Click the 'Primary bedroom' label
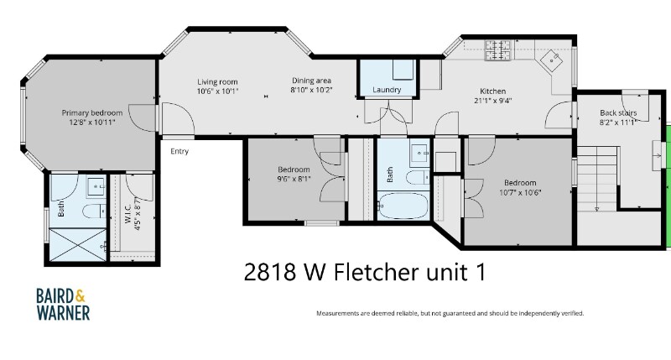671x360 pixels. [x=91, y=112]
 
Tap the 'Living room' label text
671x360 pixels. [x=218, y=81]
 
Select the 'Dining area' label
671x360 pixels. [x=312, y=81]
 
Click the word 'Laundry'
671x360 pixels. [x=387, y=90]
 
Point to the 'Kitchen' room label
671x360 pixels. [x=492, y=91]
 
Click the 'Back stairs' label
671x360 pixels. [x=617, y=112]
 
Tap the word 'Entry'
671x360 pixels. [x=179, y=151]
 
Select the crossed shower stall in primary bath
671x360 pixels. [x=78, y=243]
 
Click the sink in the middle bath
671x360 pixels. [x=418, y=155]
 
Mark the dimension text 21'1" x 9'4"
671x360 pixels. [x=492, y=101]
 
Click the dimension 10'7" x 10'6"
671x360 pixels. [x=519, y=192]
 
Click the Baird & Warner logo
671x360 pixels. [x=63, y=303]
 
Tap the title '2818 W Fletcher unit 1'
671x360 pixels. [x=364, y=272]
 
